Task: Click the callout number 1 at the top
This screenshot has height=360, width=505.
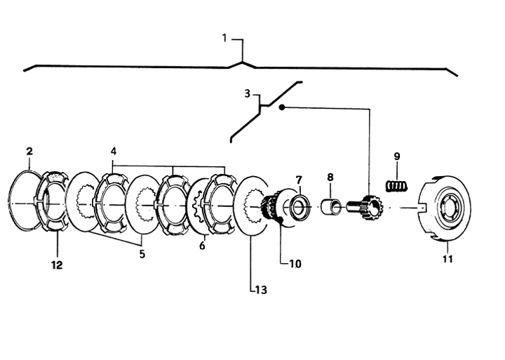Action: (225, 38)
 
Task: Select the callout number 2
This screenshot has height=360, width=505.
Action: (29, 151)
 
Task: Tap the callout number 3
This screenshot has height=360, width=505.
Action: (247, 94)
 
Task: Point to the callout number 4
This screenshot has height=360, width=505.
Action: (114, 151)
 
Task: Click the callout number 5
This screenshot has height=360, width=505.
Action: (142, 254)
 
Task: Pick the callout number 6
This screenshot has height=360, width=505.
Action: (202, 246)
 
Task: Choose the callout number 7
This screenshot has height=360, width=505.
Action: (299, 179)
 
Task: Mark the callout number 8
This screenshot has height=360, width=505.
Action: (330, 177)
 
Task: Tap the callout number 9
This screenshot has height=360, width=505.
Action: (397, 156)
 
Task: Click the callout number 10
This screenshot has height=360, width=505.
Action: (295, 264)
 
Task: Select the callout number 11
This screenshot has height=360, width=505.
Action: (447, 259)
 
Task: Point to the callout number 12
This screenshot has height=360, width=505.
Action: (57, 265)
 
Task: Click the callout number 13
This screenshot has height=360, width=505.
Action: (261, 290)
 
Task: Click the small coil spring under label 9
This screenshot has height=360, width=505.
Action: (397, 186)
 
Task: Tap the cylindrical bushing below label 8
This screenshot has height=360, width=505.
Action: (331, 206)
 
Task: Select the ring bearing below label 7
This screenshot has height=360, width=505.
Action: (300, 206)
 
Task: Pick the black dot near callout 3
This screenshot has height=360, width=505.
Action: (282, 107)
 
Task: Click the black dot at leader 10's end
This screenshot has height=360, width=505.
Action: (281, 220)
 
